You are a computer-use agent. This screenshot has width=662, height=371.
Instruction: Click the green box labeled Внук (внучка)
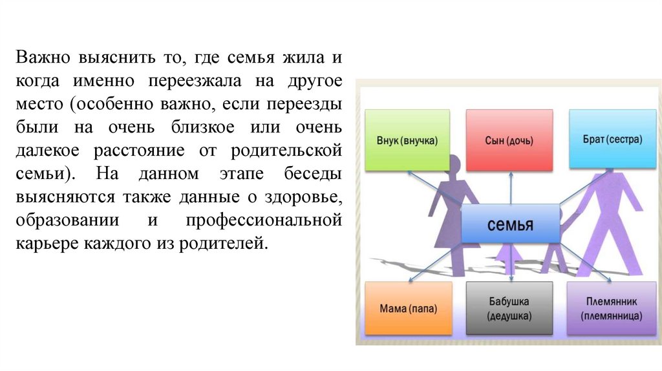click(407, 140)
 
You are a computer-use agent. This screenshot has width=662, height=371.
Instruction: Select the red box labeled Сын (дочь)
click(509, 140)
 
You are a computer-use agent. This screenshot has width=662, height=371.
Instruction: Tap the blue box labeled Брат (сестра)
click(610, 140)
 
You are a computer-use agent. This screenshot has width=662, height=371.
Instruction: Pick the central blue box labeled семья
click(510, 224)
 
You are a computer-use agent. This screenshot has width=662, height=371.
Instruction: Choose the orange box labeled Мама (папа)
click(407, 309)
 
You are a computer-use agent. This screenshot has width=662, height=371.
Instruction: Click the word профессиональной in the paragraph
click(264, 220)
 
